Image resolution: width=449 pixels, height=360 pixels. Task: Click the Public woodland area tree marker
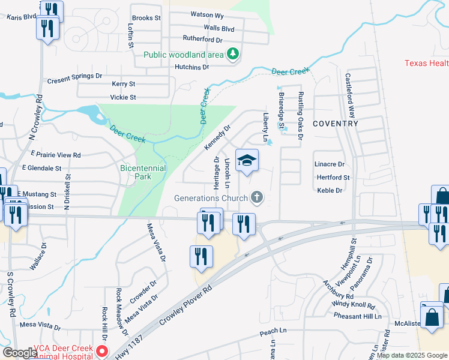(233, 55)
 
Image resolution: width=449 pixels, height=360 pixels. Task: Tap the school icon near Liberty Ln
(247, 160)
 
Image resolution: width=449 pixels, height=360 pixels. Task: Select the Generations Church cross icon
(257, 197)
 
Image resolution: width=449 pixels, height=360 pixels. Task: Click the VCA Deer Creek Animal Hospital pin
(103, 350)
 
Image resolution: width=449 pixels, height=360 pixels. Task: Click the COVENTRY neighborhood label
(336, 124)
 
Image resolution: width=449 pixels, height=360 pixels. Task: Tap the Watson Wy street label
(207, 14)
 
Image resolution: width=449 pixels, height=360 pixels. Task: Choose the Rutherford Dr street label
(202, 39)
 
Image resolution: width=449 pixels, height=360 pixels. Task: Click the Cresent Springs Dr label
(74, 77)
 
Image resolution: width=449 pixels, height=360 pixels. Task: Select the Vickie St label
(123, 97)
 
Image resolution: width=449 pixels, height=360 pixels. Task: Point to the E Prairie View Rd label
(55, 155)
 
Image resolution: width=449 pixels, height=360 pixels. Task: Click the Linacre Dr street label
(330, 164)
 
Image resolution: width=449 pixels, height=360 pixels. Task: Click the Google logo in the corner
(19, 353)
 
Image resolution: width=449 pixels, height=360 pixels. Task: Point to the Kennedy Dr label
(217, 138)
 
